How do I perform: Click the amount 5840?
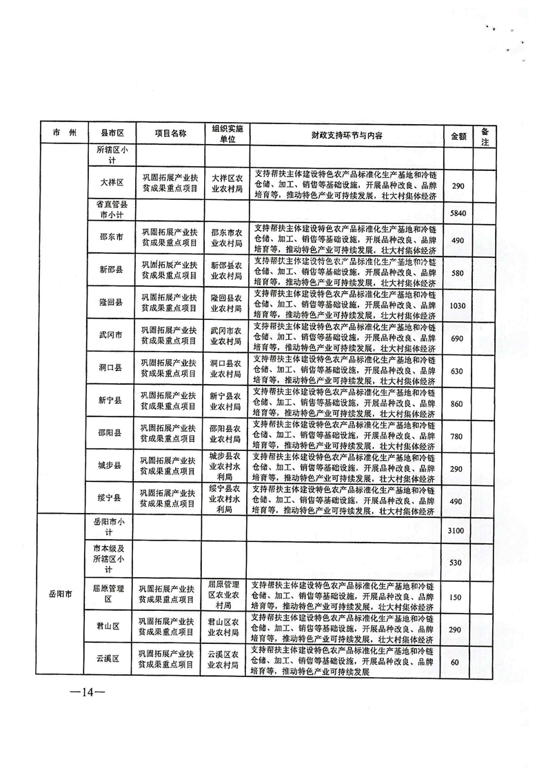pyautogui.click(x=458, y=213)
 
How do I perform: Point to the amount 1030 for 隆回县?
pyautogui.click(x=458, y=304)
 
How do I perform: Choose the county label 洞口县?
pyautogui.click(x=110, y=368)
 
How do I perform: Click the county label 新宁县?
pyautogui.click(x=110, y=400)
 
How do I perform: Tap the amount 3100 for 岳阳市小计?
pyautogui.click(x=458, y=530)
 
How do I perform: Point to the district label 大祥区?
pyautogui.click(x=110, y=182)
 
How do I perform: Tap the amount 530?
pyautogui.click(x=456, y=563)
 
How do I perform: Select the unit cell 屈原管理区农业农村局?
pyautogui.click(x=226, y=594)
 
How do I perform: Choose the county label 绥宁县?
pyautogui.click(x=110, y=497)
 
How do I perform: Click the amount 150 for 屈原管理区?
pyautogui.click(x=456, y=596)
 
